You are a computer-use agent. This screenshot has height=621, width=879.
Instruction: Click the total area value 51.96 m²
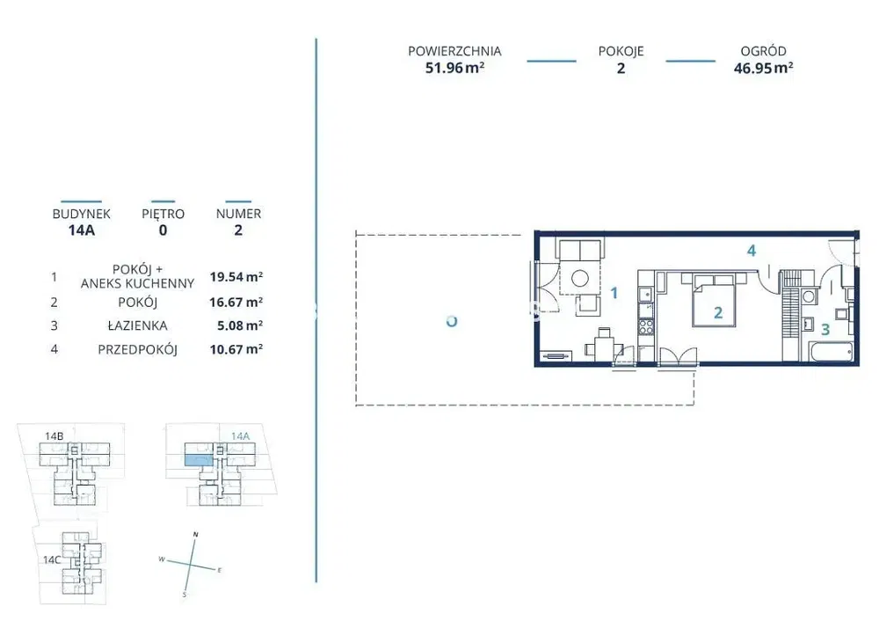click(x=454, y=68)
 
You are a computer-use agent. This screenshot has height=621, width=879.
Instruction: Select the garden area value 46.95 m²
click(x=764, y=68)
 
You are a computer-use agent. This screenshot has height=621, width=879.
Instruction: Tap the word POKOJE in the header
click(x=621, y=51)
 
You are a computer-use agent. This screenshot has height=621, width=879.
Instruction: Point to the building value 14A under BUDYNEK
click(x=81, y=230)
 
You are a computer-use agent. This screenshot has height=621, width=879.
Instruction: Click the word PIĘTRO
click(x=163, y=213)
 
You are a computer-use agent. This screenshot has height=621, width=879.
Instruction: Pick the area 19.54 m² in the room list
click(x=236, y=276)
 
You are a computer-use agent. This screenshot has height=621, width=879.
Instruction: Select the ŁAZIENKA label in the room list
click(x=137, y=325)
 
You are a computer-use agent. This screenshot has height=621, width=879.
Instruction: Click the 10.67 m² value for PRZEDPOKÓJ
click(x=236, y=349)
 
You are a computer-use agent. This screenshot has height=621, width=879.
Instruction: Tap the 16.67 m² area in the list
click(x=236, y=303)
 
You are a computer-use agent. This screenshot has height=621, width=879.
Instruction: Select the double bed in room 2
click(x=714, y=300)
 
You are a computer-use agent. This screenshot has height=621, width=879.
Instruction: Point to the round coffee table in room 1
click(x=579, y=278)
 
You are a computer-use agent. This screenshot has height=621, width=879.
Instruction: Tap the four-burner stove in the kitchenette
click(x=646, y=326)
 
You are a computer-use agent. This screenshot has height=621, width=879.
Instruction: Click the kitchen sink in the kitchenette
click(x=646, y=294)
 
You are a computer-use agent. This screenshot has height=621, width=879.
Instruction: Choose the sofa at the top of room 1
click(x=579, y=249)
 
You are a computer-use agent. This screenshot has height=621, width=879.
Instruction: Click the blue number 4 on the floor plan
click(x=752, y=251)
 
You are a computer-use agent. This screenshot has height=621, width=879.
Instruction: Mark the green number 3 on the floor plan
click(x=825, y=329)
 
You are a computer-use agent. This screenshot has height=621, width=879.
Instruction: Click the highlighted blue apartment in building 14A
click(x=199, y=461)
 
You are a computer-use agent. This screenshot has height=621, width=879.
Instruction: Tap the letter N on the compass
click(x=195, y=535)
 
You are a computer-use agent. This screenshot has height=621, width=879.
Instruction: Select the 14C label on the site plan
click(x=52, y=559)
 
